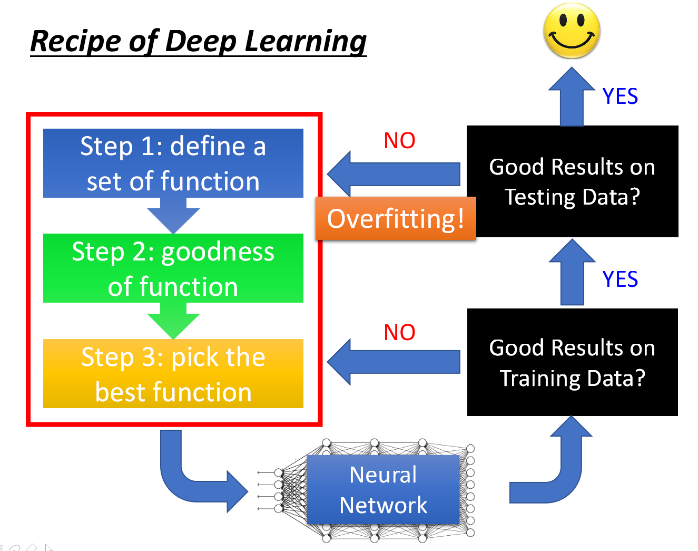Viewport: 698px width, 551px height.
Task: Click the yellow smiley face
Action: click(572, 31)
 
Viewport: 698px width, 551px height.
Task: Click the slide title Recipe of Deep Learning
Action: click(198, 41)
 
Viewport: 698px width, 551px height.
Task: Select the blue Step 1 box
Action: click(173, 163)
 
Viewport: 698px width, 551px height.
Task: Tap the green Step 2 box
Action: click(173, 268)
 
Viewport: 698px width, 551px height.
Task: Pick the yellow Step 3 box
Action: click(173, 373)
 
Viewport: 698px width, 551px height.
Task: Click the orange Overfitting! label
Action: click(396, 218)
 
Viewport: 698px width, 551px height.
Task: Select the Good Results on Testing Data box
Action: click(572, 181)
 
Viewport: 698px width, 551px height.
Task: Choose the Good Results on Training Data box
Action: click(572, 362)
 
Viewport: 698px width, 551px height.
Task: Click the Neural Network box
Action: click(383, 489)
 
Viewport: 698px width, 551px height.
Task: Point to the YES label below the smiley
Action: click(620, 96)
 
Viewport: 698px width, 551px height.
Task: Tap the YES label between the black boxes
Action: click(620, 279)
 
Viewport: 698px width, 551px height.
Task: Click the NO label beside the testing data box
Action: click(399, 141)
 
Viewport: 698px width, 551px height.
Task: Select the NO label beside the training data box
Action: click(399, 333)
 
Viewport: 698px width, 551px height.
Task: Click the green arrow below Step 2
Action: click(173, 323)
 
